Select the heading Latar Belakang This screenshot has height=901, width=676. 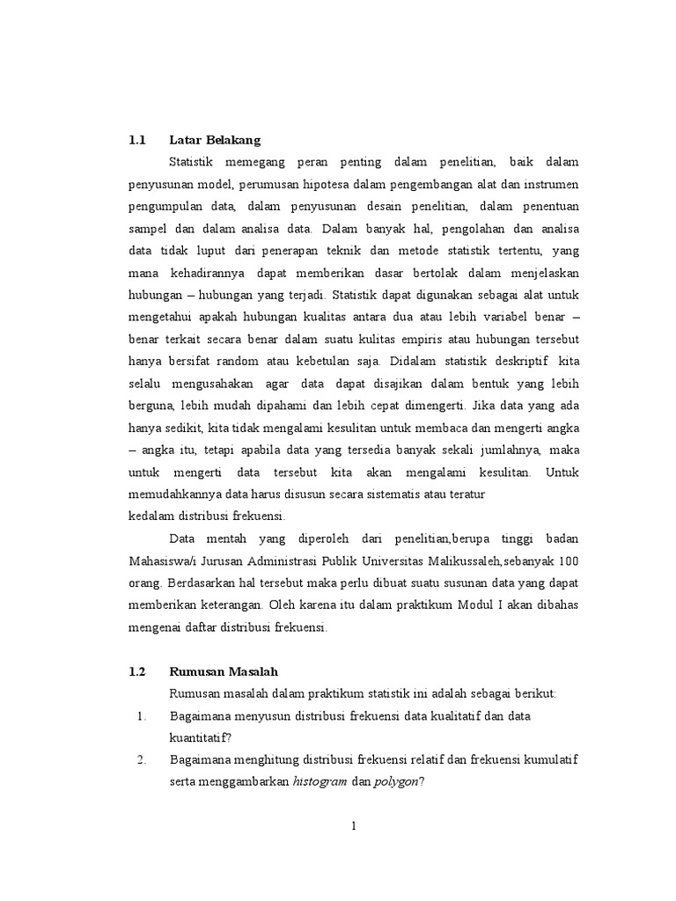tap(215, 140)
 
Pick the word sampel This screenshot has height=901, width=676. tap(150, 230)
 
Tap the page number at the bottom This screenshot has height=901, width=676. tap(353, 826)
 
